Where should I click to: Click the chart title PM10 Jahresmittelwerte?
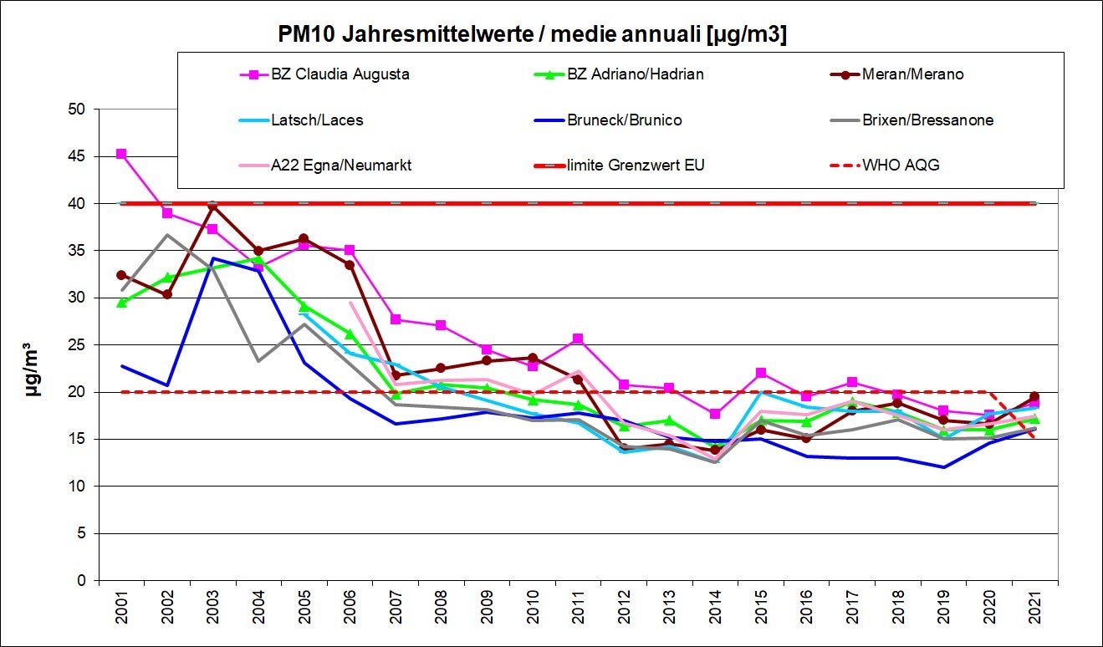(532, 35)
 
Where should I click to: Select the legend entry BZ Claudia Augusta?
(340, 74)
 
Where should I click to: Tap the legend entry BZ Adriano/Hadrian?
(636, 74)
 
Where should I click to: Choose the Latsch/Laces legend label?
(317, 120)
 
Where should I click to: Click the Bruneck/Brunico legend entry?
(624, 120)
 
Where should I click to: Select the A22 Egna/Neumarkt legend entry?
(340, 165)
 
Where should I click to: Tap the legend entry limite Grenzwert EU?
(636, 165)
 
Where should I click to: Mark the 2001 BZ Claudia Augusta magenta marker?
(122, 154)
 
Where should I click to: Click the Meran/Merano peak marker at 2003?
(213, 205)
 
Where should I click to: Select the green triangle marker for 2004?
(258, 260)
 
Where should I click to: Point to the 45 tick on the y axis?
(79, 156)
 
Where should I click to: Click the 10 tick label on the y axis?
(79, 487)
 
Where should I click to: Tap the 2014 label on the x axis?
(715, 613)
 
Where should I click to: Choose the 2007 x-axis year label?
(396, 613)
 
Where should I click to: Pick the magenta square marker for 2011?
(578, 339)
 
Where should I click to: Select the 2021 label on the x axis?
(1034, 613)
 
